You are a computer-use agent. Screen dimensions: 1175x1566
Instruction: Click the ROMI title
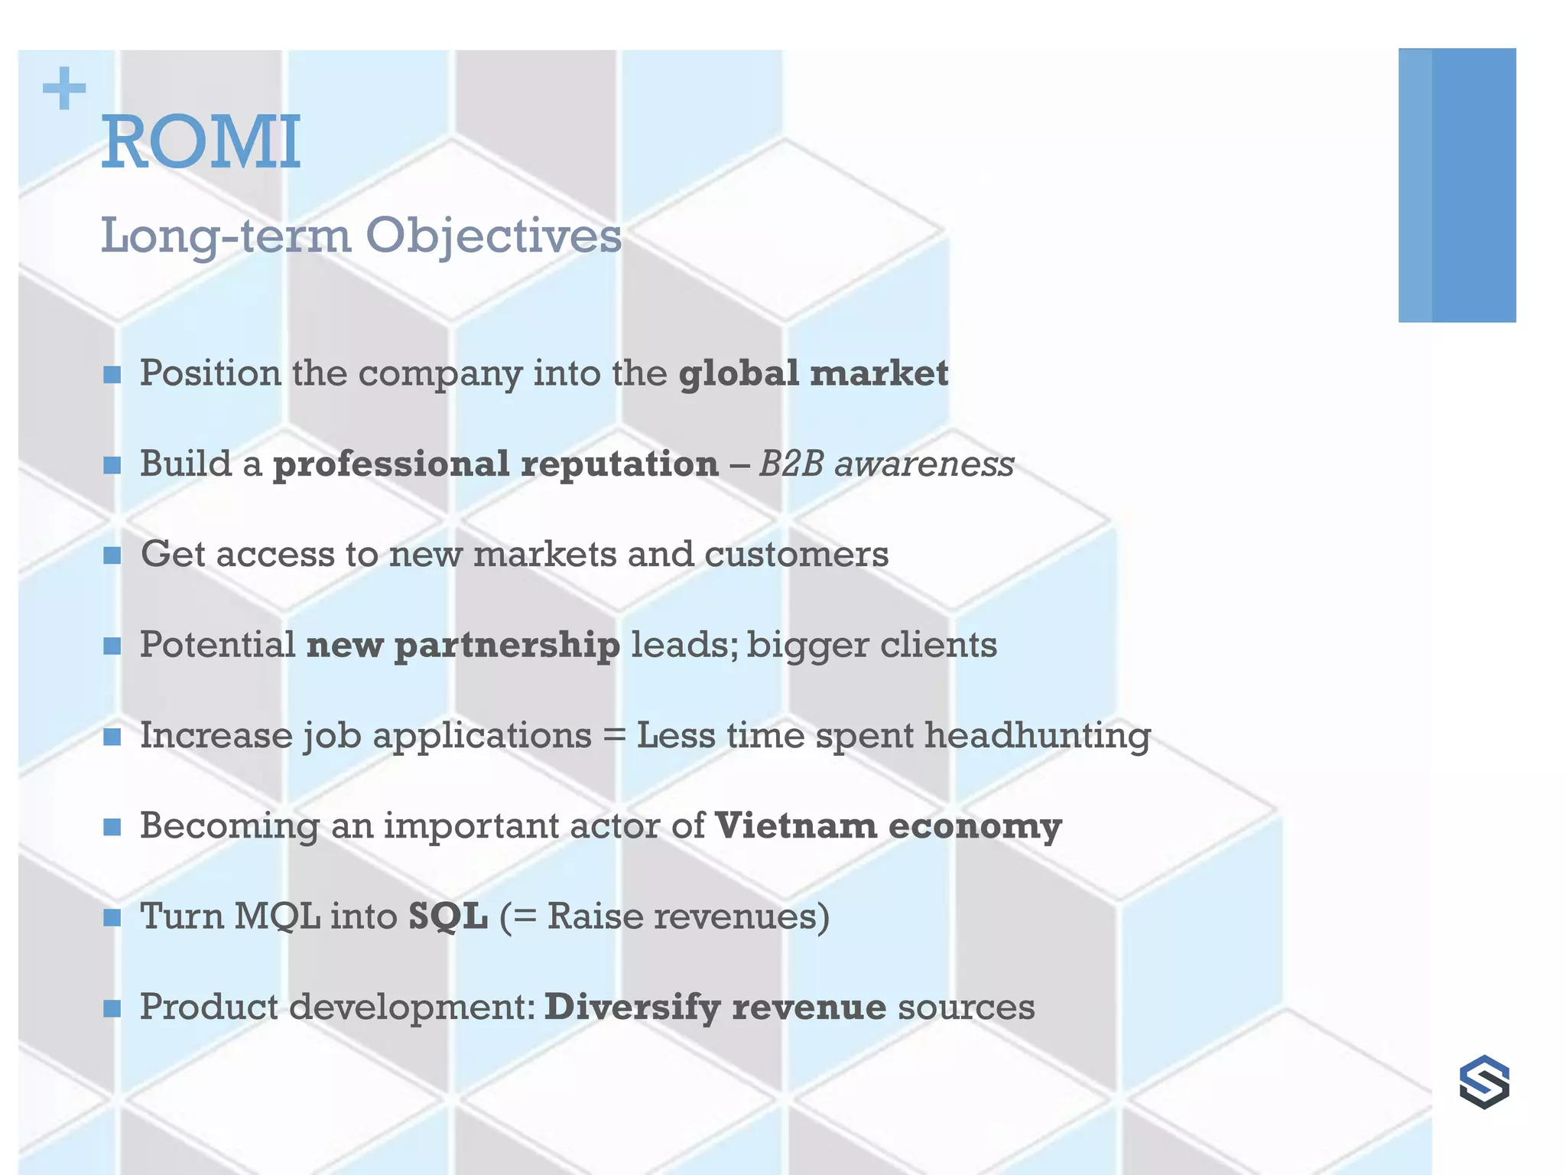[x=201, y=142]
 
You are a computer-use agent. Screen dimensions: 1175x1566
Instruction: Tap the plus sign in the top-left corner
[x=64, y=89]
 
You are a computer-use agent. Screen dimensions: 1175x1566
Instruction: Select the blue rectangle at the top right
[x=1457, y=185]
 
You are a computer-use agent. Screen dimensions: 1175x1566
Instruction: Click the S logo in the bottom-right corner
[x=1484, y=1082]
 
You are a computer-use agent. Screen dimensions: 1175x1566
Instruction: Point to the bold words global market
[x=814, y=374]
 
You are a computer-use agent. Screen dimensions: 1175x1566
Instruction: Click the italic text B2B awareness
[x=886, y=464]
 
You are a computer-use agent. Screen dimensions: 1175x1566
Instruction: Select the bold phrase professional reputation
[x=495, y=464]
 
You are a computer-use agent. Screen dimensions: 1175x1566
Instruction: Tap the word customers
[x=796, y=555]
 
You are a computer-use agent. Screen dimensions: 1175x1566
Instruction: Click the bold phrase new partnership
[x=463, y=646]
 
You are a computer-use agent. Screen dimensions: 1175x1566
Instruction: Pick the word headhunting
[x=1038, y=736]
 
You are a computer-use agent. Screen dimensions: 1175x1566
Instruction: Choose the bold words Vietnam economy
[x=888, y=826]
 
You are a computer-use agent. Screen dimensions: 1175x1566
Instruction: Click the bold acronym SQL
[x=448, y=916]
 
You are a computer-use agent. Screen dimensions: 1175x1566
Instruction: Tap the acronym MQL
[x=278, y=916]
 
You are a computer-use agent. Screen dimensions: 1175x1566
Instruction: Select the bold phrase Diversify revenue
[x=715, y=1007]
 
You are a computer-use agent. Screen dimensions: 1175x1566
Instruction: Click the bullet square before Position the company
[x=112, y=375]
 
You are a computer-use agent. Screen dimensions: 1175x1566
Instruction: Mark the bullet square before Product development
[x=112, y=1008]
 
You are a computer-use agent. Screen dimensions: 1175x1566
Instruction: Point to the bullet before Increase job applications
[x=112, y=737]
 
